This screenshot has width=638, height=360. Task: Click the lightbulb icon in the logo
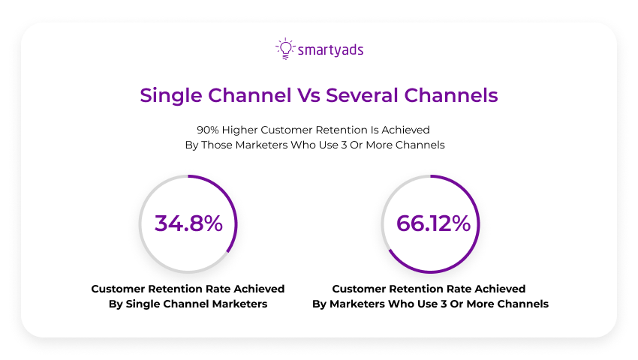point(285,49)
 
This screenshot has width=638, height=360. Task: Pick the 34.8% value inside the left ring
point(188,223)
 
